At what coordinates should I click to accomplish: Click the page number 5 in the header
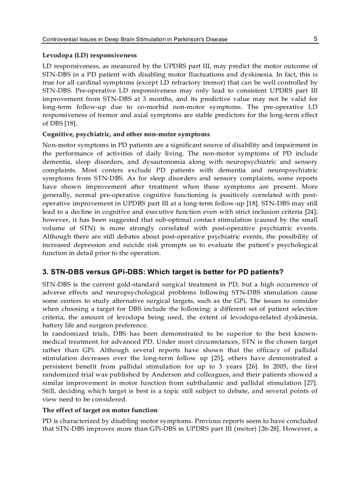315,39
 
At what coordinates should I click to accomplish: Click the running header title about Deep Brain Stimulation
135,39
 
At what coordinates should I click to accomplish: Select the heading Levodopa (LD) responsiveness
89,56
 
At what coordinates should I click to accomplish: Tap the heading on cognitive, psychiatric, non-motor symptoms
126,134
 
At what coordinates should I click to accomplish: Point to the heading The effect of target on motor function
100,410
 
